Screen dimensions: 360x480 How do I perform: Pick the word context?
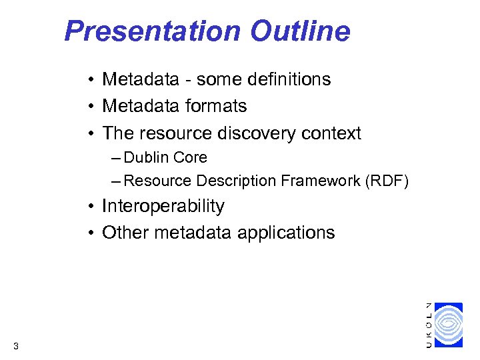331,133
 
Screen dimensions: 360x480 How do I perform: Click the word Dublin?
147,158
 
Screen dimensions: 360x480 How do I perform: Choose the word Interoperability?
163,207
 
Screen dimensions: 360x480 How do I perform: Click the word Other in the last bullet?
126,233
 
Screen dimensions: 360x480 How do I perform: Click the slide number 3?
15,345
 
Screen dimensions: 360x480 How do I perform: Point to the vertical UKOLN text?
429,325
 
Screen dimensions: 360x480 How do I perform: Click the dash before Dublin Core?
117,158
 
